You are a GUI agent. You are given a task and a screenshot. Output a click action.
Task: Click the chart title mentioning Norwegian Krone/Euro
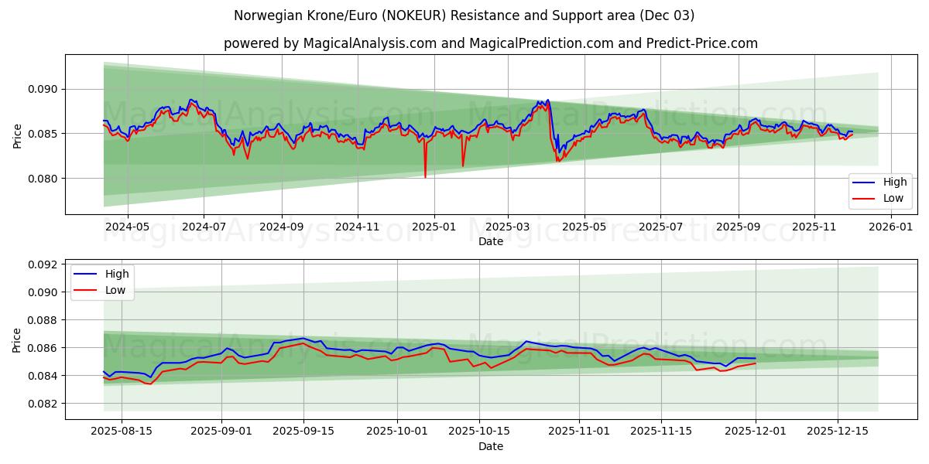coord(464,15)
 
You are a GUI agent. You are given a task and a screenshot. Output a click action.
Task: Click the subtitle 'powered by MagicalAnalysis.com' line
coord(491,43)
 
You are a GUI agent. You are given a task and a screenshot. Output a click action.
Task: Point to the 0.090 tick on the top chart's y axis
coord(42,89)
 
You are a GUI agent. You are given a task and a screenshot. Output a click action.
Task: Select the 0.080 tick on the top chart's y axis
coord(42,179)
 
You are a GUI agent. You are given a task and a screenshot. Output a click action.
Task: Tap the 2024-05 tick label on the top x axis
coord(127,227)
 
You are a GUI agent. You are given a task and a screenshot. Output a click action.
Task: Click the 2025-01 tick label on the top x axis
coord(434,227)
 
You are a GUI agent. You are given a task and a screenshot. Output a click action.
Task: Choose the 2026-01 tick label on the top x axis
coord(891,227)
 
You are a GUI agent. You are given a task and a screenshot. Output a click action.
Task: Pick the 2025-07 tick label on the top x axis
coord(660,227)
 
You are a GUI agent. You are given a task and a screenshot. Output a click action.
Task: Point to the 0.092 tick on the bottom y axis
coord(42,264)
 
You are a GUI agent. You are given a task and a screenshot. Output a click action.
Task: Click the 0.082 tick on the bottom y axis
coord(42,404)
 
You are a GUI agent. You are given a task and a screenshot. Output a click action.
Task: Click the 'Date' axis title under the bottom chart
coord(491,446)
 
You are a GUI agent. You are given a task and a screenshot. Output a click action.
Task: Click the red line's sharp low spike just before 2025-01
coord(425,176)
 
